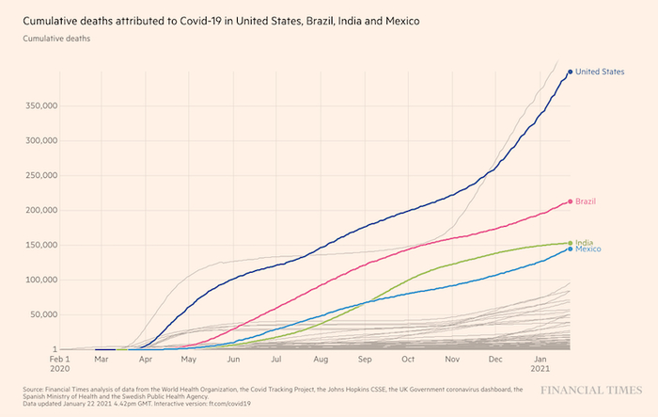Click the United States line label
(x=601, y=72)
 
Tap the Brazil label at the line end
(x=587, y=201)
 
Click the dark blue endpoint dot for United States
(x=570, y=72)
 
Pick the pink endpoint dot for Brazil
(x=570, y=201)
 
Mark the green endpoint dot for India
(x=570, y=243)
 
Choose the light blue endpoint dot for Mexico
(x=570, y=249)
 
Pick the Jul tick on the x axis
(x=276, y=361)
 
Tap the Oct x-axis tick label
(x=408, y=361)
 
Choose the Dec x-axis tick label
(x=495, y=361)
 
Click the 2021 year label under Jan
(x=540, y=371)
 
